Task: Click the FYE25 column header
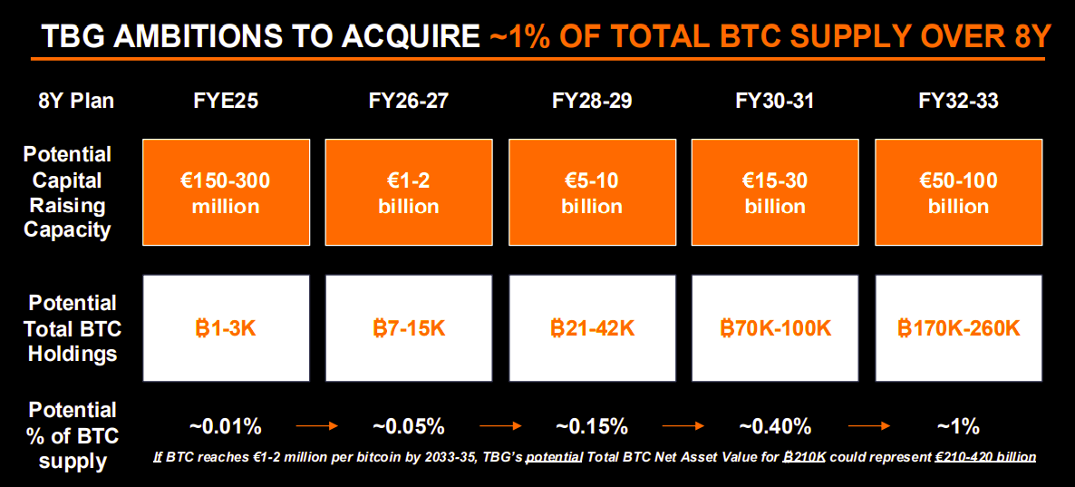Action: point(225,101)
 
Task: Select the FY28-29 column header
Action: point(592,101)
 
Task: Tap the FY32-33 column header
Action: point(958,101)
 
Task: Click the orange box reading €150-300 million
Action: point(226,193)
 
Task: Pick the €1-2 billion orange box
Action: point(409,193)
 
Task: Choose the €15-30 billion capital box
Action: point(775,193)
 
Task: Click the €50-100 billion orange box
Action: point(958,193)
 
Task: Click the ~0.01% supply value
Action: point(226,425)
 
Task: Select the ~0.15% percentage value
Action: point(592,425)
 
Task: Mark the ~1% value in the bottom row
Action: point(958,425)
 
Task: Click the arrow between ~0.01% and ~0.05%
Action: point(316,424)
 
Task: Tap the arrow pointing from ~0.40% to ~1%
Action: point(867,424)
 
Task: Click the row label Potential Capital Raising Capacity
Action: point(68,192)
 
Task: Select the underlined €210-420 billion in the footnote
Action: point(985,457)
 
